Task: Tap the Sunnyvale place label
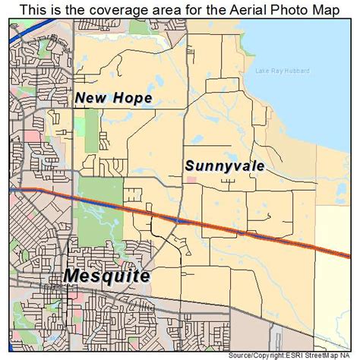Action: click(224, 165)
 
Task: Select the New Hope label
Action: click(114, 98)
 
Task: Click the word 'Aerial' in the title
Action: click(247, 10)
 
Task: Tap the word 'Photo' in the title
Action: click(289, 10)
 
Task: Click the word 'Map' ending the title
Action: click(325, 10)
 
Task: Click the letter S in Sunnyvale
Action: click(189, 164)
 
